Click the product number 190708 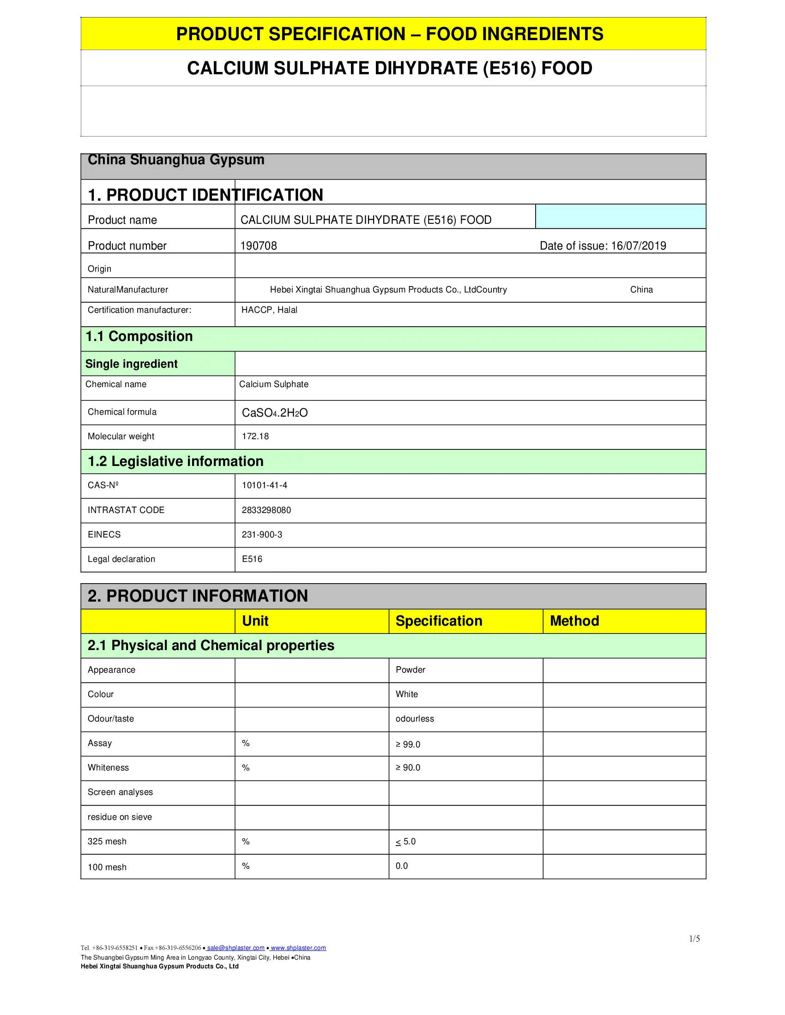click(259, 246)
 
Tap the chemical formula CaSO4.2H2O click(274, 413)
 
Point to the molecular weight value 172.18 click(255, 436)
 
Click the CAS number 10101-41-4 click(264, 485)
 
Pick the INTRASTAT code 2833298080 click(266, 510)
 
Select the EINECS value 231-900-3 click(262, 535)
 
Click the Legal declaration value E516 click(252, 559)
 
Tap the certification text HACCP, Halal click(269, 310)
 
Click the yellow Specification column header click(439, 621)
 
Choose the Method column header click(574, 621)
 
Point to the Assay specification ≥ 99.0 click(408, 745)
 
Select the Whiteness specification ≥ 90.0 click(408, 768)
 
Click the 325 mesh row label click(107, 842)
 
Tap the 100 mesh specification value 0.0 click(402, 866)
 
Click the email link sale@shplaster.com click(235, 948)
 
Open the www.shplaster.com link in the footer click(298, 948)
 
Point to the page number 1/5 click(694, 939)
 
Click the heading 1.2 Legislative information click(176, 461)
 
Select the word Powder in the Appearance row click(410, 670)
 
